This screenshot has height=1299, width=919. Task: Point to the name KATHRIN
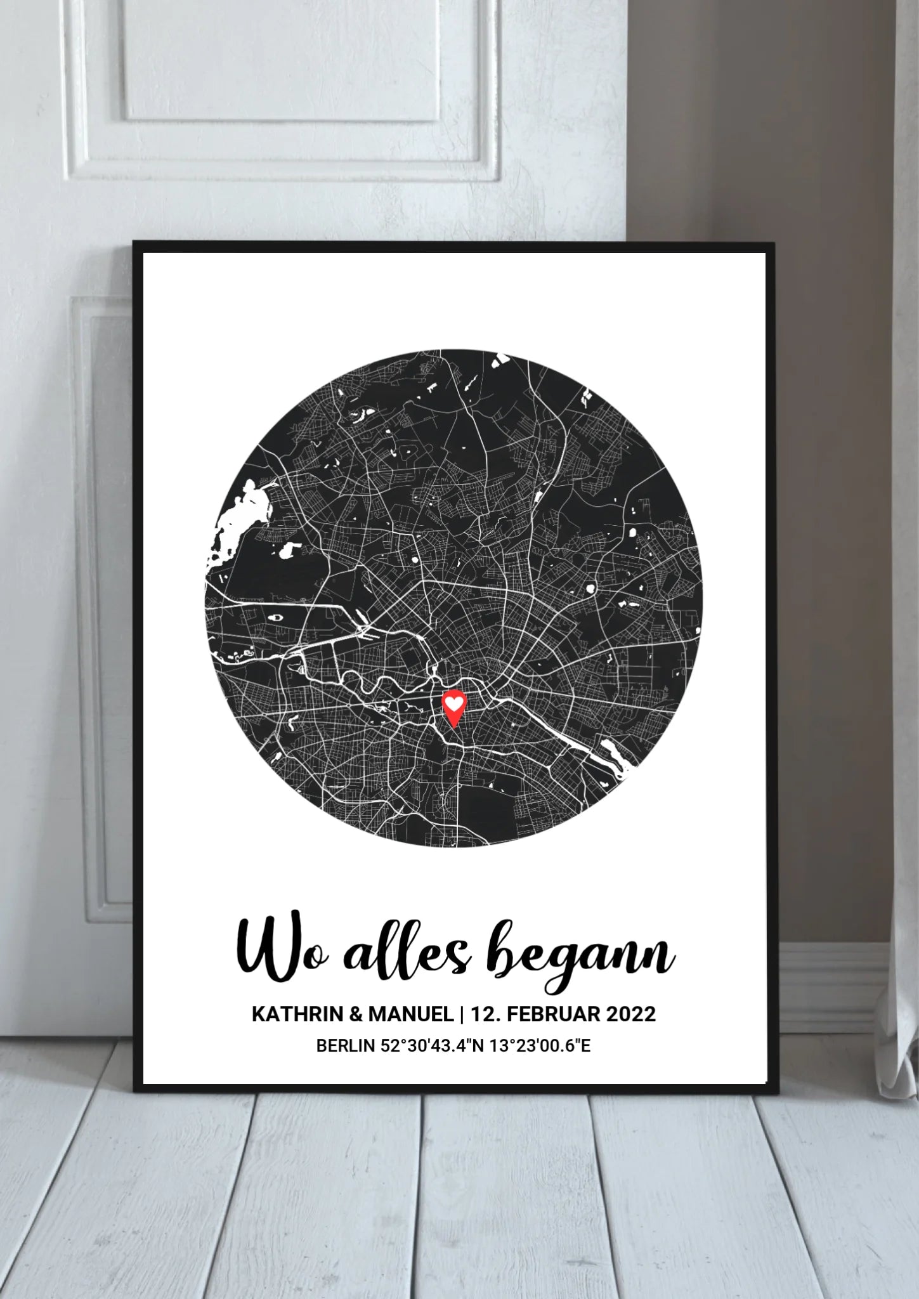[297, 1014]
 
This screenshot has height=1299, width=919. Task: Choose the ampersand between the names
[355, 1014]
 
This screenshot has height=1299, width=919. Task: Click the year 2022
[630, 1014]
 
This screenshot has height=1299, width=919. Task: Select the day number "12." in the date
[486, 1014]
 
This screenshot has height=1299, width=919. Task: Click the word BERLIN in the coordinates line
[346, 1046]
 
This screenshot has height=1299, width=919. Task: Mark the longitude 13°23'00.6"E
[538, 1046]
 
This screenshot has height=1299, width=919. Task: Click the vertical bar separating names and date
[462, 1014]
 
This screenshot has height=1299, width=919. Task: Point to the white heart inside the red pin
[453, 703]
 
